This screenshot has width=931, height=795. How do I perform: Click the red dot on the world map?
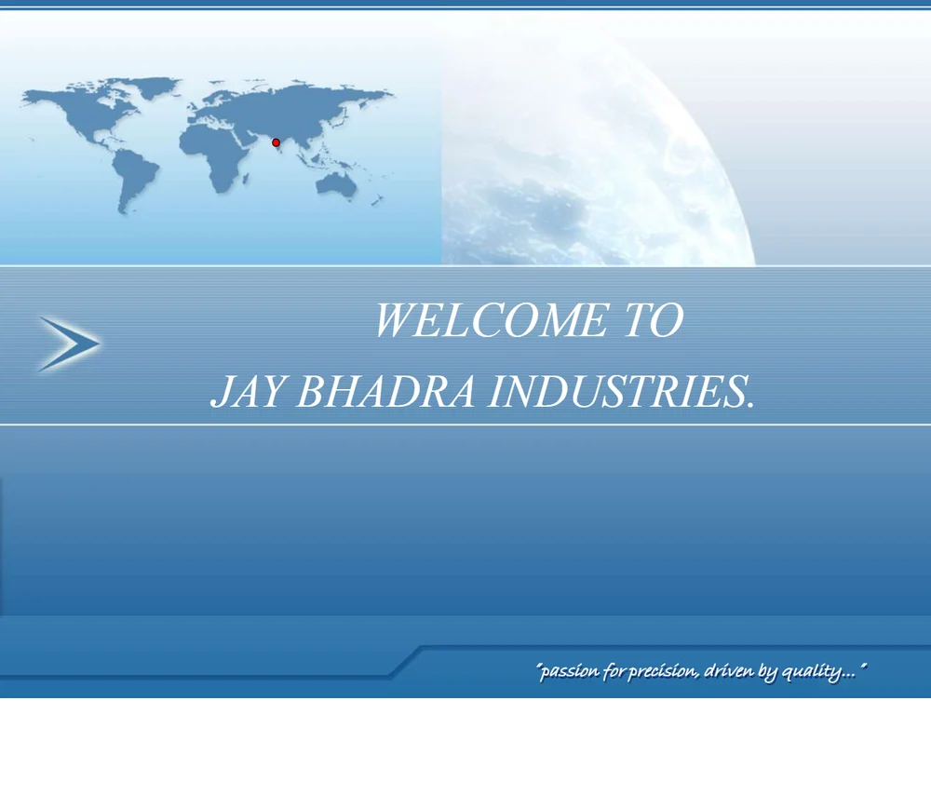coord(276,142)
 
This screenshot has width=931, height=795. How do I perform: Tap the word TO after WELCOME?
coord(654,320)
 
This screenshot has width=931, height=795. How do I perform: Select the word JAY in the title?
coord(247,392)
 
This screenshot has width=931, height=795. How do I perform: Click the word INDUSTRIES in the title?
coord(615,392)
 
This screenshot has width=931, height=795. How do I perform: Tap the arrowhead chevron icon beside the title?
coord(69,344)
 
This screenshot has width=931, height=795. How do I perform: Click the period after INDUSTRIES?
coord(750,407)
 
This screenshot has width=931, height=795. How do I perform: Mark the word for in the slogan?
coord(614,671)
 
